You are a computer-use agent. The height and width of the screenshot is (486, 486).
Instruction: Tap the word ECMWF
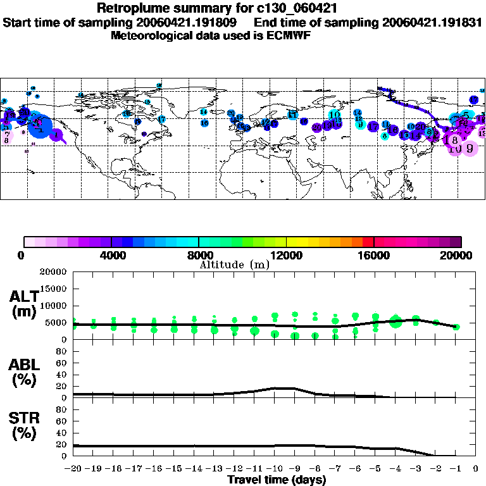(x=290, y=35)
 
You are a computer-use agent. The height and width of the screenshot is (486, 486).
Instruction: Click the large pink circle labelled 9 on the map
(x=470, y=149)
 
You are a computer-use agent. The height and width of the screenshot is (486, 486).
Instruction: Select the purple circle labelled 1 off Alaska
(x=56, y=135)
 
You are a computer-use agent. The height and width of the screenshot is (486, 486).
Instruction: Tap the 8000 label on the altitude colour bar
(x=199, y=255)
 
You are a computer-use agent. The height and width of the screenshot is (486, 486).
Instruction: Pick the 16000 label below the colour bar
(x=374, y=255)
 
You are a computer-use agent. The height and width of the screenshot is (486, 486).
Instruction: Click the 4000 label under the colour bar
(x=111, y=255)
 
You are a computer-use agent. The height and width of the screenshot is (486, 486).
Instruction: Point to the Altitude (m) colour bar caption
(x=234, y=265)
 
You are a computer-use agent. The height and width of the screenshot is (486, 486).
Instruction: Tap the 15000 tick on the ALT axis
(x=55, y=289)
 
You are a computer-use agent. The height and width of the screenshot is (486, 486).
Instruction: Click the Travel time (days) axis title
(x=277, y=480)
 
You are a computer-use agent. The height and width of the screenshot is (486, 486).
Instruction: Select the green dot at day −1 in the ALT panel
(x=456, y=327)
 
